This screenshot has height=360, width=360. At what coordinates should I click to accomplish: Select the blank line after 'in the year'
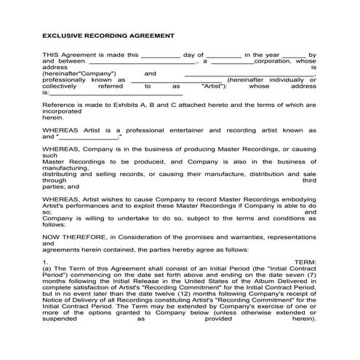click(293, 55)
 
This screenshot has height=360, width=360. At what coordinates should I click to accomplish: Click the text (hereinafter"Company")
click(80, 73)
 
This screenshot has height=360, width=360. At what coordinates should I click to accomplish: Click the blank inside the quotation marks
click(87, 137)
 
